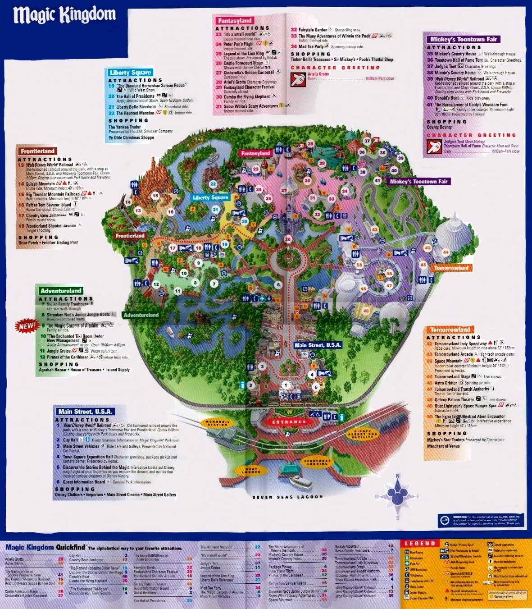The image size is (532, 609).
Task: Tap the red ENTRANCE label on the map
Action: (x=289, y=422)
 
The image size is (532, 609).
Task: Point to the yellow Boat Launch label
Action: (x=251, y=471)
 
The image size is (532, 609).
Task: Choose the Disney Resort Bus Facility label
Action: (x=362, y=434)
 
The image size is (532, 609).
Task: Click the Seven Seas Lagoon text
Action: (x=287, y=497)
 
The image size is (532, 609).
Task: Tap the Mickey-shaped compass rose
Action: (x=397, y=496)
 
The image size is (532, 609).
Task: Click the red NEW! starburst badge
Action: (x=27, y=325)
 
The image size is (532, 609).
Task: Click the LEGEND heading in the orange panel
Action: (x=420, y=544)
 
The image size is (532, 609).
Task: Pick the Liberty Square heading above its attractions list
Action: (x=130, y=73)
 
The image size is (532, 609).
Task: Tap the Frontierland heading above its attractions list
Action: (x=37, y=151)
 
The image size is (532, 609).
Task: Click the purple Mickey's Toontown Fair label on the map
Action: (x=418, y=182)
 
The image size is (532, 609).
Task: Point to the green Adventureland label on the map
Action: (x=141, y=315)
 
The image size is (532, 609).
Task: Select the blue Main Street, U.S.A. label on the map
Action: (x=318, y=345)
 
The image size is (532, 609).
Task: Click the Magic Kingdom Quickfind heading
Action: (x=45, y=547)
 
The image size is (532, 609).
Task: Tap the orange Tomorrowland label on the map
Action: (x=451, y=268)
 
